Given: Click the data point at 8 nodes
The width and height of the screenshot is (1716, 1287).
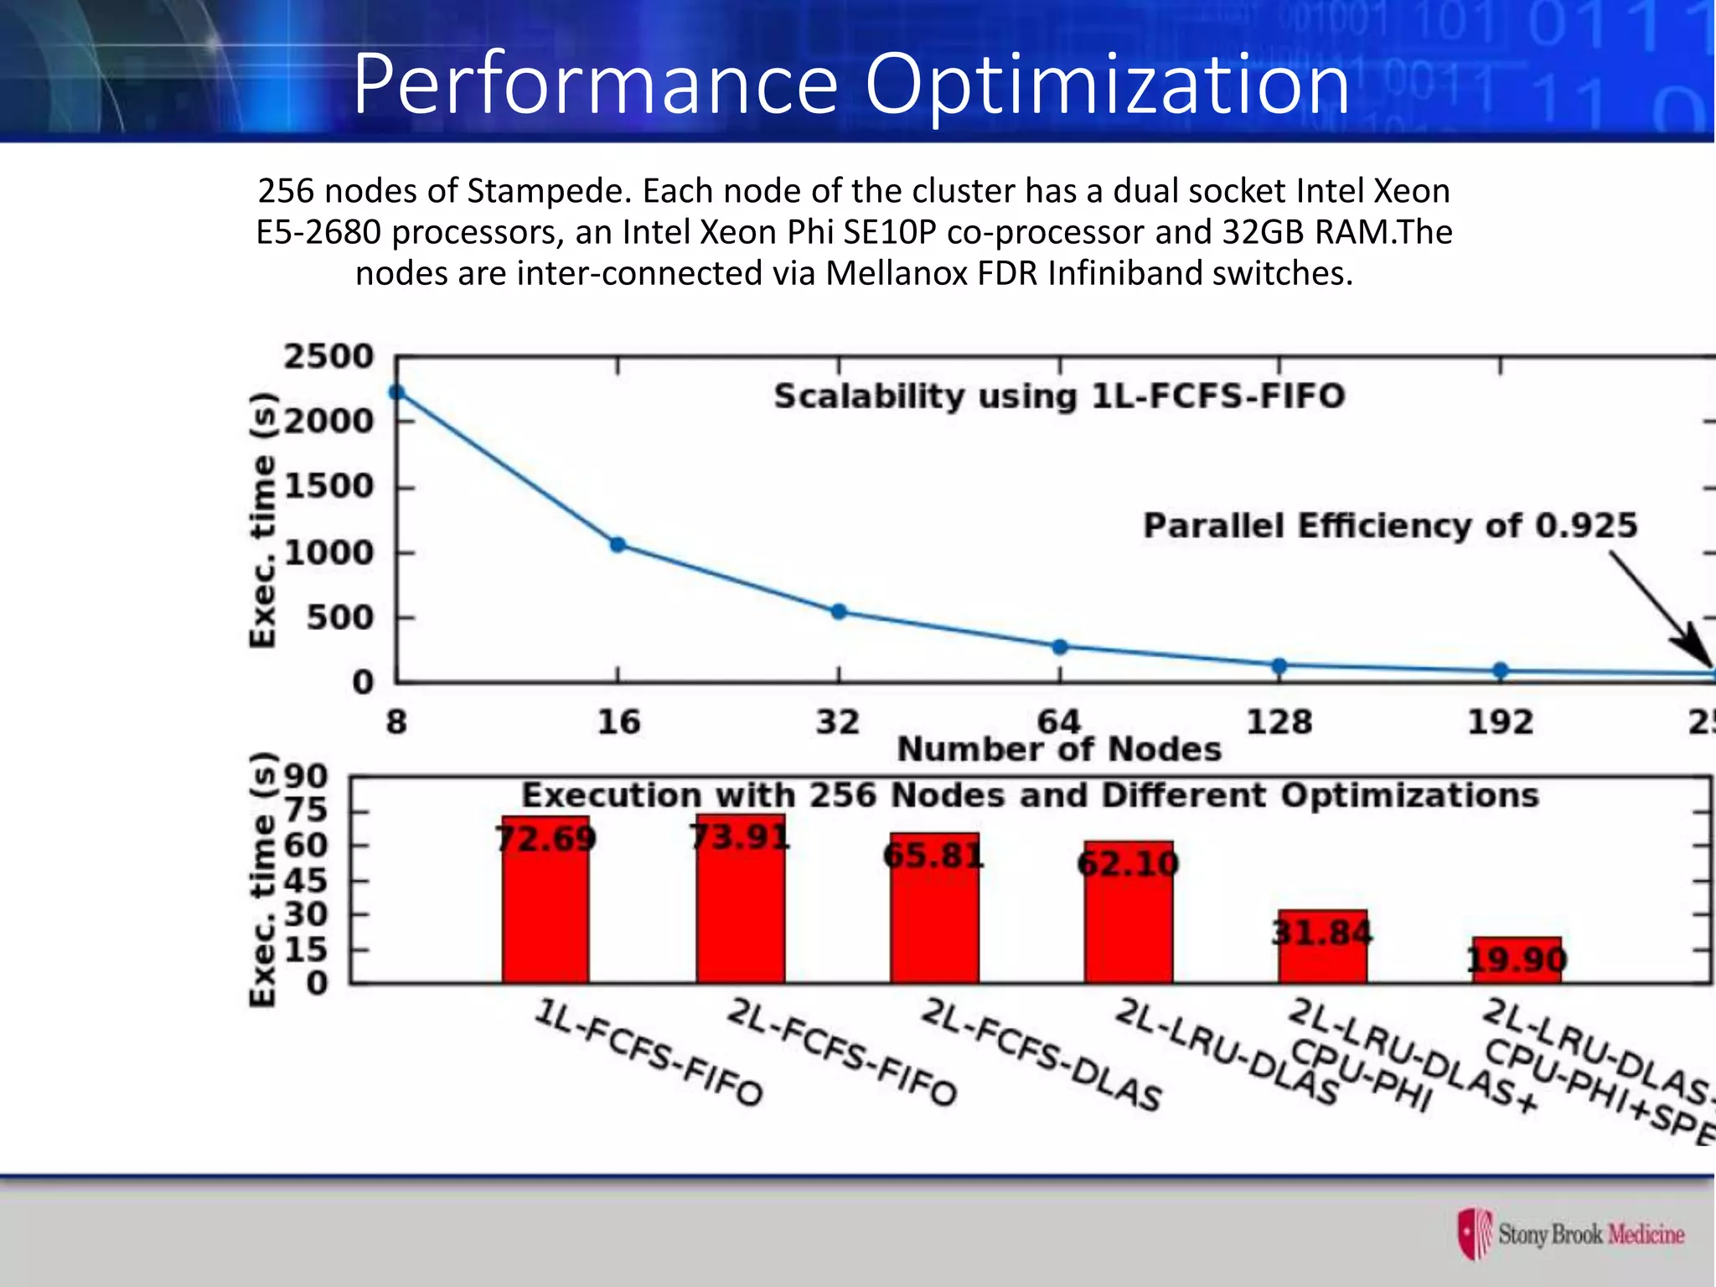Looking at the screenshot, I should click(397, 392).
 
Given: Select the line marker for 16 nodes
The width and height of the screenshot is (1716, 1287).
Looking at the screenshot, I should click(618, 545).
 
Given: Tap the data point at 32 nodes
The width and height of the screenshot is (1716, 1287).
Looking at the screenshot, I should click(839, 612).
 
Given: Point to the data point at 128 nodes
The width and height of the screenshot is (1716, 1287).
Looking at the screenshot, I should click(1279, 666).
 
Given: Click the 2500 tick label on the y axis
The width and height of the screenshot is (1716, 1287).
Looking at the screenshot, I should click(328, 357).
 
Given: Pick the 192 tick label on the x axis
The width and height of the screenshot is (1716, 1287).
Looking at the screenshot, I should click(1500, 722).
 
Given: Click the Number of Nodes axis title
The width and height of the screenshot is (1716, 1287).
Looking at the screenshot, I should click(1059, 749).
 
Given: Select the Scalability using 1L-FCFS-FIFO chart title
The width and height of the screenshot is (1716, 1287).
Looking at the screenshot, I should click(1059, 396).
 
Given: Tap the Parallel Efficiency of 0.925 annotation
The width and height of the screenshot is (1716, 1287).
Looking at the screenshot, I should click(1390, 526).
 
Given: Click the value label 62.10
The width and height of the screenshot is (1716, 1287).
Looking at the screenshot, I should click(1128, 863).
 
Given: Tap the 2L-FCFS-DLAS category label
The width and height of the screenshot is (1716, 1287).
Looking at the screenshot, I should click(1041, 1054).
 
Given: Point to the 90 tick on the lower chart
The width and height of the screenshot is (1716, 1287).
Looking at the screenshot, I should click(306, 777).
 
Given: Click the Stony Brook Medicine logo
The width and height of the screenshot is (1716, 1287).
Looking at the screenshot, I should click(1571, 1233).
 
